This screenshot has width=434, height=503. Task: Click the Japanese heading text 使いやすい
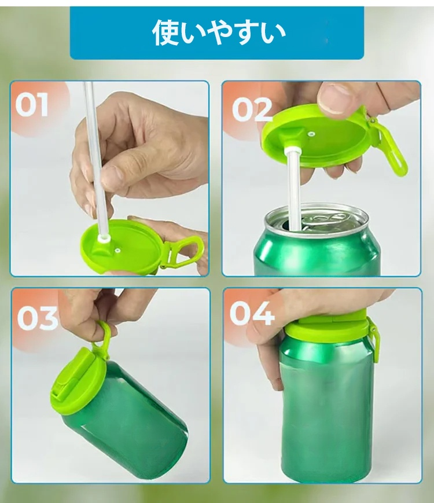[x=219, y=33]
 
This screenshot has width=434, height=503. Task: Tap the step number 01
[x=32, y=105]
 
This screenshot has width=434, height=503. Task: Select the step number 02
[x=252, y=109]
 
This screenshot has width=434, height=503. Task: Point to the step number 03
[x=38, y=318]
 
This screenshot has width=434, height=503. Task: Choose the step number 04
[x=252, y=313]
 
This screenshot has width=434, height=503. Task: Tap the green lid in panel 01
[x=123, y=244]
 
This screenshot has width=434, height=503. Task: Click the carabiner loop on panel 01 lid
[x=184, y=252]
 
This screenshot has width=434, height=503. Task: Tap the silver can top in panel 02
[x=317, y=221]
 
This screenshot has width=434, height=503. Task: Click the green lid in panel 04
[x=326, y=327]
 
